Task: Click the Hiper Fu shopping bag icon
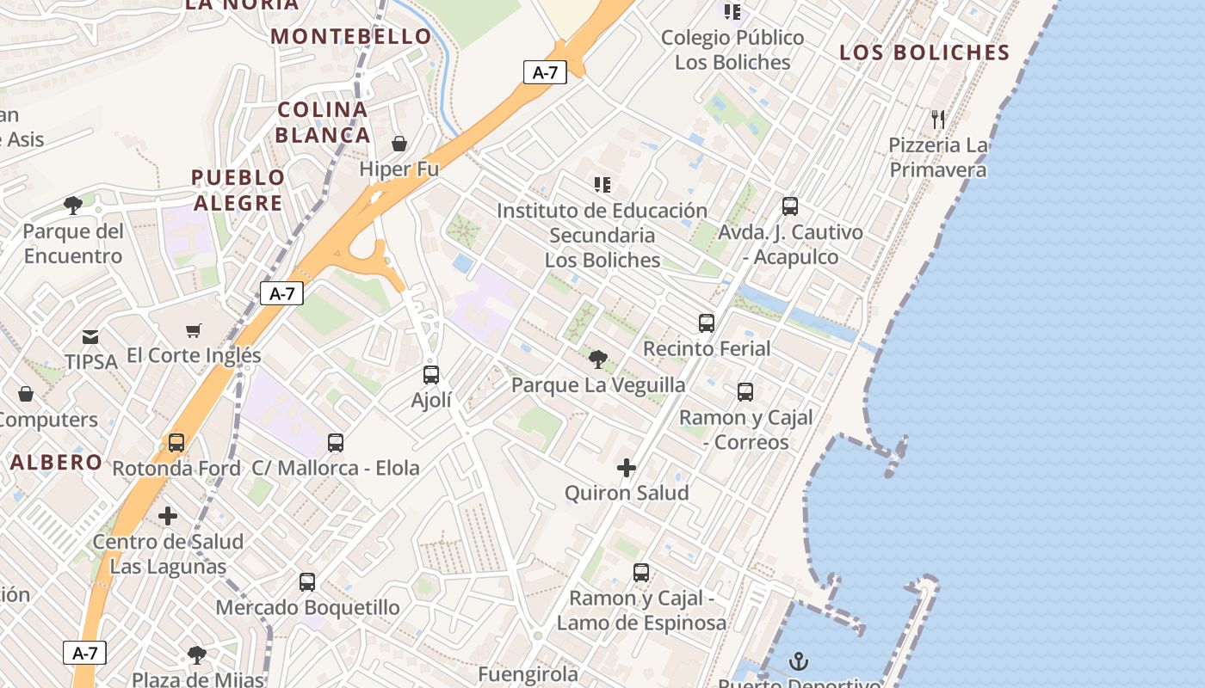click(x=399, y=143)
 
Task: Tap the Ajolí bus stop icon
click(x=431, y=375)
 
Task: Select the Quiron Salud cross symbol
click(x=627, y=468)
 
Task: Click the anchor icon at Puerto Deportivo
click(x=800, y=661)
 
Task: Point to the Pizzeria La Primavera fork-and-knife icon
click(x=938, y=119)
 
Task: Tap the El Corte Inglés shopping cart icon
click(x=194, y=330)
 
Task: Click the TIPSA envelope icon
click(x=90, y=337)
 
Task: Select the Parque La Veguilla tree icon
click(x=598, y=359)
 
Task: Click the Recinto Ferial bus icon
click(x=707, y=323)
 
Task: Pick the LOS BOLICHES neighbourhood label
click(x=924, y=52)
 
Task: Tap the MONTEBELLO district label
click(x=351, y=36)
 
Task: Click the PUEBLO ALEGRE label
click(x=238, y=190)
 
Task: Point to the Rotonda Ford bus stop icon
click(x=176, y=443)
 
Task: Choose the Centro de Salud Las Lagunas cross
click(x=168, y=516)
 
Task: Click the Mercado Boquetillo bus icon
click(x=307, y=582)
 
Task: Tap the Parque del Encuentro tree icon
click(x=73, y=206)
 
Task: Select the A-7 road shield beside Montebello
click(x=545, y=72)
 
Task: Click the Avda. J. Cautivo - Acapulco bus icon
click(x=790, y=206)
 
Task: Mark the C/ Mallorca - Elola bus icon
click(x=336, y=443)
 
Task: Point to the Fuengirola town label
click(x=528, y=673)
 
